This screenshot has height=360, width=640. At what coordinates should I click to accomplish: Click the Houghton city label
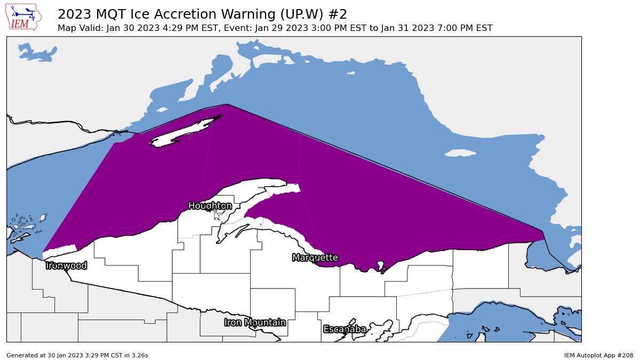pyautogui.click(x=210, y=206)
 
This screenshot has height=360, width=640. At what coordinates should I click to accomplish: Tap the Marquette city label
pyautogui.click(x=315, y=258)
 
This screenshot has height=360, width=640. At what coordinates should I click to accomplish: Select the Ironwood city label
pyautogui.click(x=66, y=266)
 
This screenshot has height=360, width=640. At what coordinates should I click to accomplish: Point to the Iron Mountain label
pyautogui.click(x=255, y=322)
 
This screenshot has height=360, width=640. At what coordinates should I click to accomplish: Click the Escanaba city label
pyautogui.click(x=345, y=329)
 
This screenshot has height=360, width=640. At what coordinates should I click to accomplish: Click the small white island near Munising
pyautogui.click(x=380, y=265)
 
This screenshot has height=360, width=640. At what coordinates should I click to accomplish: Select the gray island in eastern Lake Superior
pyautogui.click(x=460, y=153)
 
